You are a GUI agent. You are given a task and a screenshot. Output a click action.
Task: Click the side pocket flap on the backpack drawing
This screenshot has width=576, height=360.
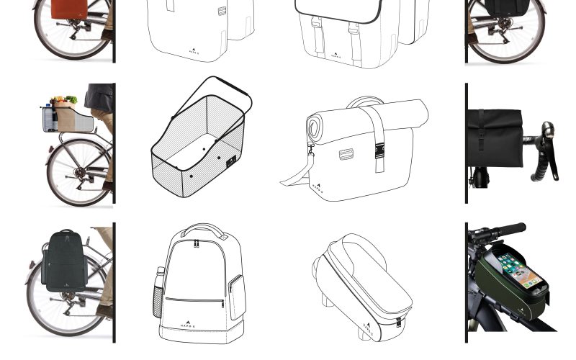click(236, 296)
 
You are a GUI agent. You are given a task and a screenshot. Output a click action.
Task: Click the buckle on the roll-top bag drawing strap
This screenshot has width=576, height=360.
click(379, 150)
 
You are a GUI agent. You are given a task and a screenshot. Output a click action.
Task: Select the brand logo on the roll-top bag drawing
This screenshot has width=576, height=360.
click(318, 189)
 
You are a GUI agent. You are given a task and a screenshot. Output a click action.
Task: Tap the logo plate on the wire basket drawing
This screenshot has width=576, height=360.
click(231, 162)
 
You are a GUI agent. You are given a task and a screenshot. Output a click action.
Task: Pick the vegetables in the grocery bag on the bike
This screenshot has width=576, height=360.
click(63, 101)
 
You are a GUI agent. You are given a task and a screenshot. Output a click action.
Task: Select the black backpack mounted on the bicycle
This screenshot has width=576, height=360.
click(65, 261)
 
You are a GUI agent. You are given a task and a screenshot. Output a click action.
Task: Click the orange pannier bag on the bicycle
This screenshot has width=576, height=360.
click(69, 8)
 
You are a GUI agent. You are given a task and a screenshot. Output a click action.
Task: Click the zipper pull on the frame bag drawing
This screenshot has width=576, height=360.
click(398, 322)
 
